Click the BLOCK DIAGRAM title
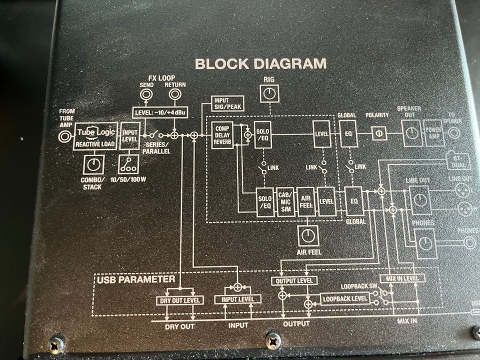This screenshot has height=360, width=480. (260, 64)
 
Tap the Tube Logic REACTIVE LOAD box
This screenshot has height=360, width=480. (96, 136)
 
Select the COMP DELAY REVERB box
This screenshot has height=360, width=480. (222, 135)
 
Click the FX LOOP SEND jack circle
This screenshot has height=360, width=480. (146, 94)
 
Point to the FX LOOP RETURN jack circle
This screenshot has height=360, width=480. (175, 94)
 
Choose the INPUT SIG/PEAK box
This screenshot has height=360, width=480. (227, 104)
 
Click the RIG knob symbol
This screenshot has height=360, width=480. (269, 92)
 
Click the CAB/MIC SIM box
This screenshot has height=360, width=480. (285, 201)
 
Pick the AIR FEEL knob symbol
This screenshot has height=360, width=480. (307, 234)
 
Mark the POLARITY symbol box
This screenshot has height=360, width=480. (379, 133)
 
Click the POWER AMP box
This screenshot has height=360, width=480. (433, 132)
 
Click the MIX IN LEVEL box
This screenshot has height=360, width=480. (402, 278)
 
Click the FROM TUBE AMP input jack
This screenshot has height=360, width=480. (65, 136)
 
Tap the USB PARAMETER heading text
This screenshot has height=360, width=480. (135, 279)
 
